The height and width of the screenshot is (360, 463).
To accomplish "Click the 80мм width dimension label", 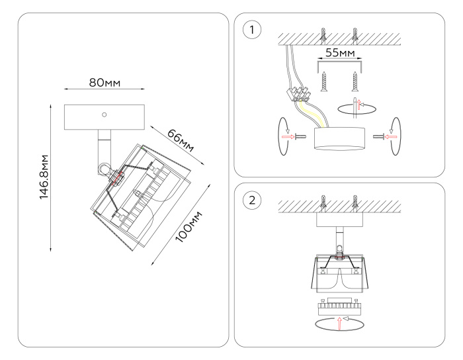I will pyautogui.click(x=105, y=83).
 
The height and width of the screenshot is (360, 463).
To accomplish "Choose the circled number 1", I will pyautogui.click(x=251, y=30).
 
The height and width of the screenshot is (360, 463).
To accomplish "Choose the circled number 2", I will pyautogui.click(x=251, y=200).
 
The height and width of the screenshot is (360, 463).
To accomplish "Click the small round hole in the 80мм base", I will pyautogui.click(x=105, y=115).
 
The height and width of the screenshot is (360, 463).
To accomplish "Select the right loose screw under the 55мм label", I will pyautogui.click(x=356, y=82).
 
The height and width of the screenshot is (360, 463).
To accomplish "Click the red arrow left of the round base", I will pyautogui.click(x=288, y=137).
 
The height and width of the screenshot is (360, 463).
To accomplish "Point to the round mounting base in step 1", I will pyautogui.click(x=339, y=139).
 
